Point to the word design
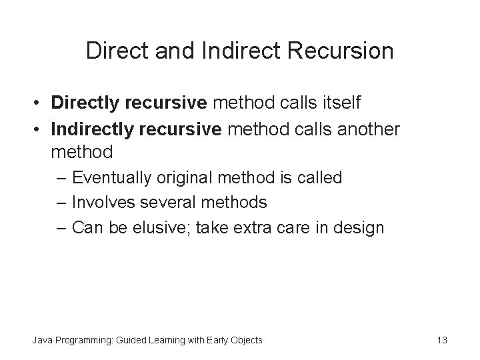tap(361, 228)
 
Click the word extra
tap(250, 227)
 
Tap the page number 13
tap(441, 340)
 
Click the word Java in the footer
tap(43, 340)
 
